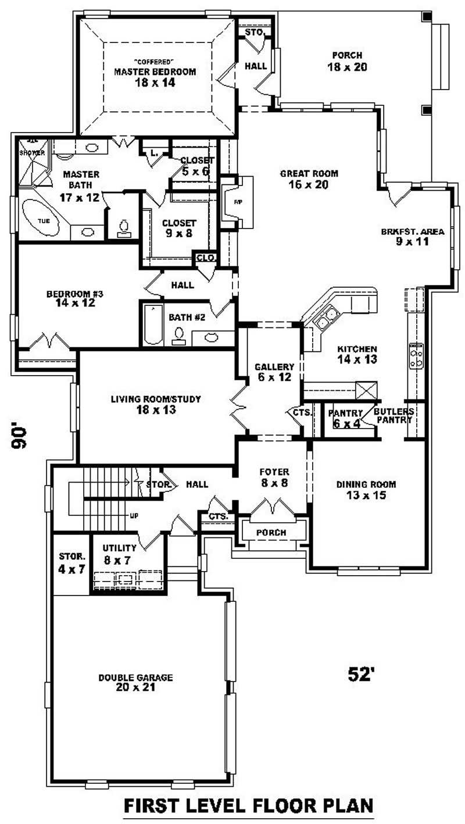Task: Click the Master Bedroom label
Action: tap(154, 77)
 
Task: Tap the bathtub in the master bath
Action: tap(40, 217)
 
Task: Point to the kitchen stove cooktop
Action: tap(416, 355)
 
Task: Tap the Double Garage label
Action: tap(135, 682)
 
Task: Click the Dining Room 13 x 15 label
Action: tap(366, 489)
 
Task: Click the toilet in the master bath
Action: tap(124, 227)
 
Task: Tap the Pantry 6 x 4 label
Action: tap(346, 418)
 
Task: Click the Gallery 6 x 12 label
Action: tap(274, 372)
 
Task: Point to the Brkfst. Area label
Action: tap(413, 236)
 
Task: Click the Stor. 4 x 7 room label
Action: tap(71, 562)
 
